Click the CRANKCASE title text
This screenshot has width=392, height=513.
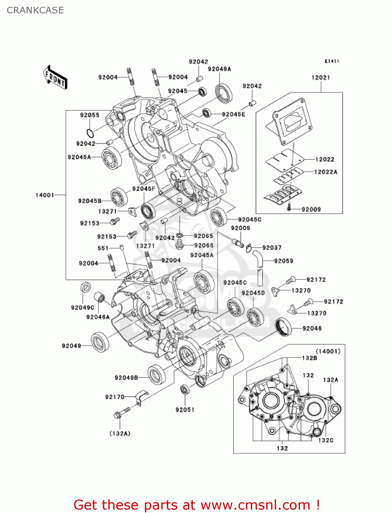point(35,10)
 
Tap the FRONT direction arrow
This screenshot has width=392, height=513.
point(55,78)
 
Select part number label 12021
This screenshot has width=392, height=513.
point(321,78)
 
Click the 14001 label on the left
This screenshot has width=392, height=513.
point(45,195)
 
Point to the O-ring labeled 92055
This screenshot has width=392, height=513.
point(90,133)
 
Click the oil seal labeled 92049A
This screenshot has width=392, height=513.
point(223,93)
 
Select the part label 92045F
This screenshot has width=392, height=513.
point(144,189)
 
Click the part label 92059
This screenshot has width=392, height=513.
point(283,261)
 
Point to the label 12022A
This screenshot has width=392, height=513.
point(325,172)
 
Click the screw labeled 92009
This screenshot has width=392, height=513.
point(289,207)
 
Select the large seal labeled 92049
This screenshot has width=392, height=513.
point(100,342)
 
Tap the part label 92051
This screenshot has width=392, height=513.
point(185,410)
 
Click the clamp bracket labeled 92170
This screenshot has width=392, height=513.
point(141,398)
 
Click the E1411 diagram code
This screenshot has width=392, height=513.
point(332,61)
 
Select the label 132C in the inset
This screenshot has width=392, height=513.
point(325,440)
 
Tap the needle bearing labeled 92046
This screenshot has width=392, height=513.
point(283,327)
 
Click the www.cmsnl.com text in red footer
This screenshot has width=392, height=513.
point(255,505)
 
